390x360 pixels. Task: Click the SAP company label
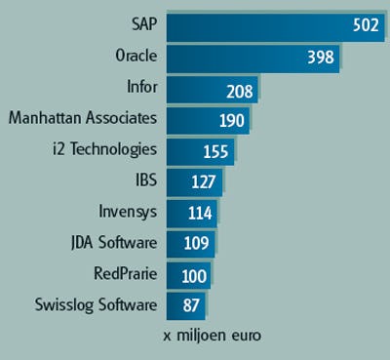click(x=141, y=23)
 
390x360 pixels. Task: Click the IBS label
click(x=144, y=181)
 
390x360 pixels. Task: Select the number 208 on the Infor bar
click(x=237, y=89)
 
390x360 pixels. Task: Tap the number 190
click(x=226, y=121)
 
